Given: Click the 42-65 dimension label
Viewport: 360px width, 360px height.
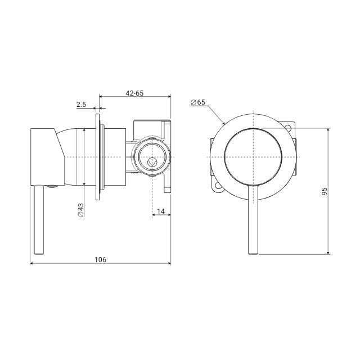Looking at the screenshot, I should click(x=135, y=93).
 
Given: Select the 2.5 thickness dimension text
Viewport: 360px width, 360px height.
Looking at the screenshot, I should click(x=81, y=104).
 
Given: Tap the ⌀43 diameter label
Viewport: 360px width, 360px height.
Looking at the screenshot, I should click(x=80, y=209).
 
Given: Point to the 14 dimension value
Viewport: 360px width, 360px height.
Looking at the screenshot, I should click(x=161, y=211).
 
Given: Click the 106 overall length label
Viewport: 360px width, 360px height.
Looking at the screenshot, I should click(x=100, y=259).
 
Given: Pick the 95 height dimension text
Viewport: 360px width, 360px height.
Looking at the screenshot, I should click(x=325, y=191).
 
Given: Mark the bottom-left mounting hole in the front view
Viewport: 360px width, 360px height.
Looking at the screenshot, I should click(x=217, y=186).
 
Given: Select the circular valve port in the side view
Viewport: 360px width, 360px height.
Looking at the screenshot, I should click(x=151, y=156).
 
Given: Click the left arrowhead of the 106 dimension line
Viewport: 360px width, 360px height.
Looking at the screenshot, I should click(x=31, y=264).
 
